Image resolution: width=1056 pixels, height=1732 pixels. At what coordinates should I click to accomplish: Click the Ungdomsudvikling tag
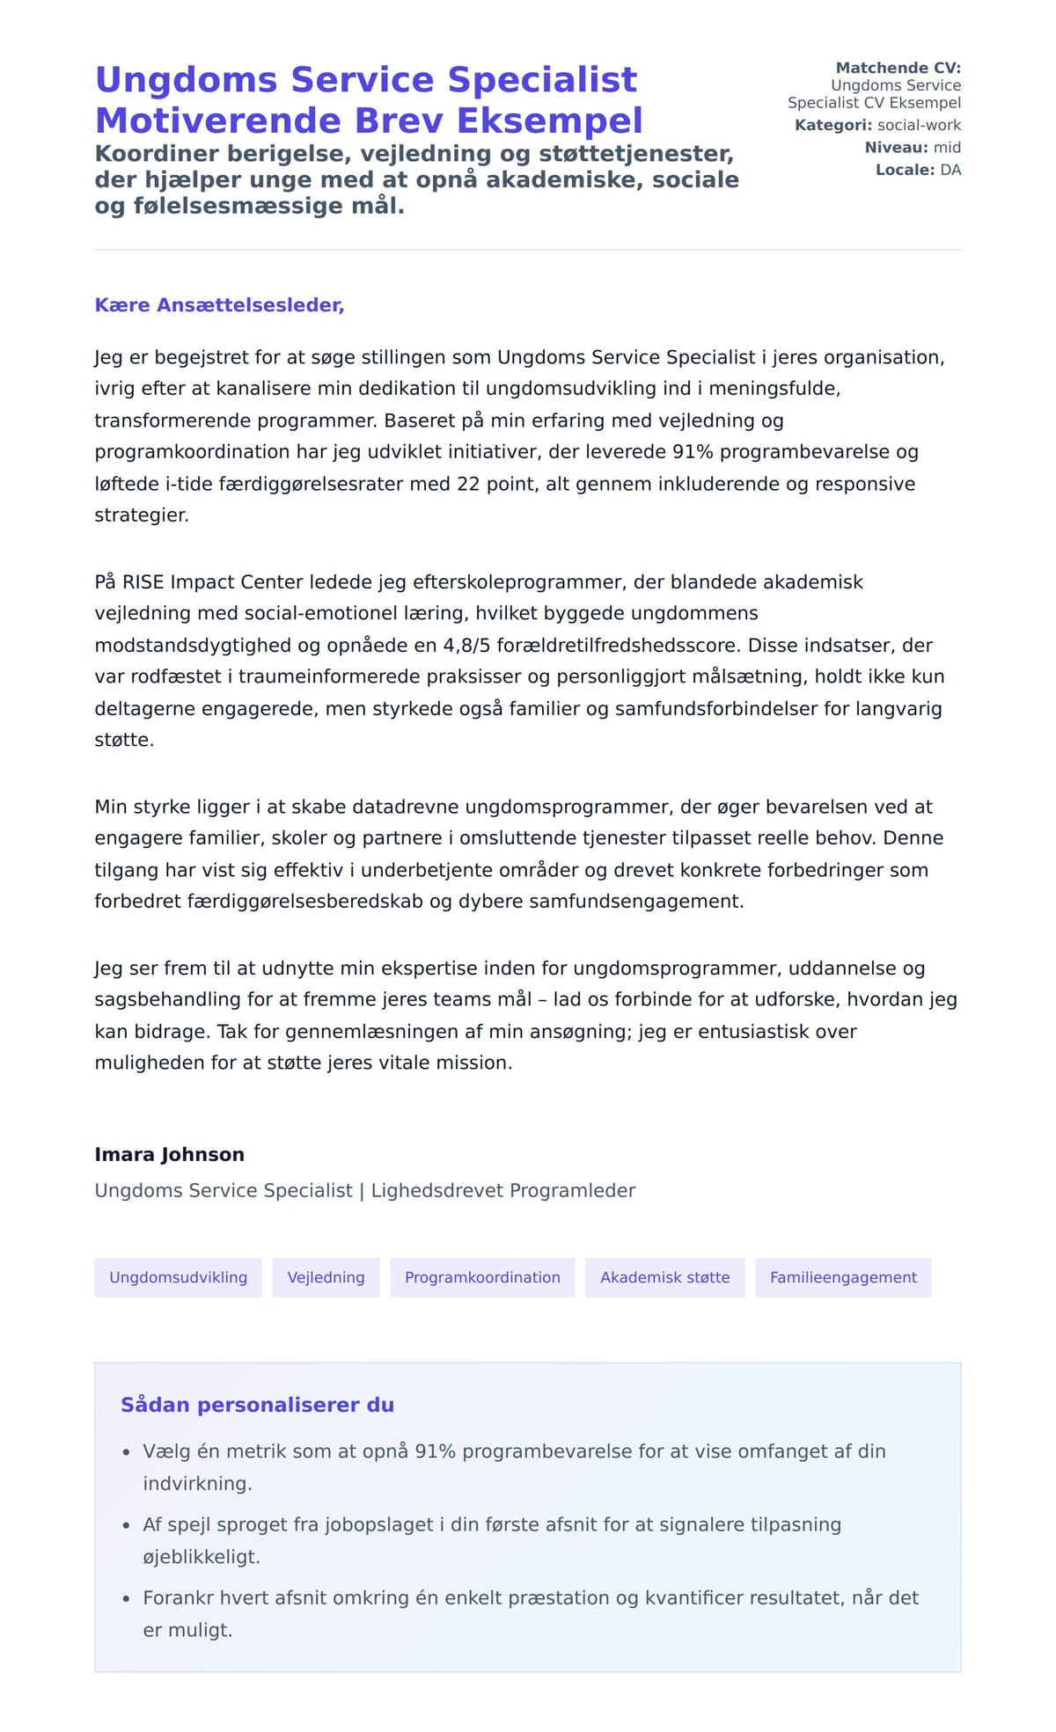[x=178, y=1277]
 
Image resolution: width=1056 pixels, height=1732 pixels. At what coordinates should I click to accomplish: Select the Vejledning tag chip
[x=326, y=1277]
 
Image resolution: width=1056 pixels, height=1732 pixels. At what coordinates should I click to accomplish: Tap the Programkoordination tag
[x=482, y=1277]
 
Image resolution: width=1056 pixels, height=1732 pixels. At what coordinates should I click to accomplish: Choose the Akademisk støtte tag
[x=664, y=1277]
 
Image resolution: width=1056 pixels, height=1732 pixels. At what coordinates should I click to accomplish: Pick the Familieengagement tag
[x=843, y=1277]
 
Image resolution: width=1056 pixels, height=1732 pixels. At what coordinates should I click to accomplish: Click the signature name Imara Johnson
[x=169, y=1154]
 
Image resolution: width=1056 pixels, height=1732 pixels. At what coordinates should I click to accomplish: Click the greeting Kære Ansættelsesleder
[x=219, y=305]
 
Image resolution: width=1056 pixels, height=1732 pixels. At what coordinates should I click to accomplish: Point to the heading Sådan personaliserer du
[x=257, y=1405]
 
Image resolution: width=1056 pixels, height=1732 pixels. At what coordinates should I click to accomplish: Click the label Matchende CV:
[x=898, y=68]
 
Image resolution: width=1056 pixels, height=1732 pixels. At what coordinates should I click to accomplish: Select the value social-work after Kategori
[x=919, y=125]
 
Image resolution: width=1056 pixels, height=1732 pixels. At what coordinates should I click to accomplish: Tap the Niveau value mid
[x=947, y=147]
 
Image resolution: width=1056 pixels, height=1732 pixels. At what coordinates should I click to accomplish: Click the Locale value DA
[x=950, y=170]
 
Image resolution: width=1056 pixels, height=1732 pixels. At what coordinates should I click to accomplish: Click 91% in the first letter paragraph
[x=691, y=452]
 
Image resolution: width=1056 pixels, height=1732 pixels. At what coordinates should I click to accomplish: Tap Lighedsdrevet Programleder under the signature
[x=502, y=1190]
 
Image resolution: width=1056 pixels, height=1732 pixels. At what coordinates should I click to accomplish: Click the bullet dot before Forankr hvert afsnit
[x=126, y=1599]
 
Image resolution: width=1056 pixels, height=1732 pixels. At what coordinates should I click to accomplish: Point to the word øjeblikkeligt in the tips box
[x=202, y=1557]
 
